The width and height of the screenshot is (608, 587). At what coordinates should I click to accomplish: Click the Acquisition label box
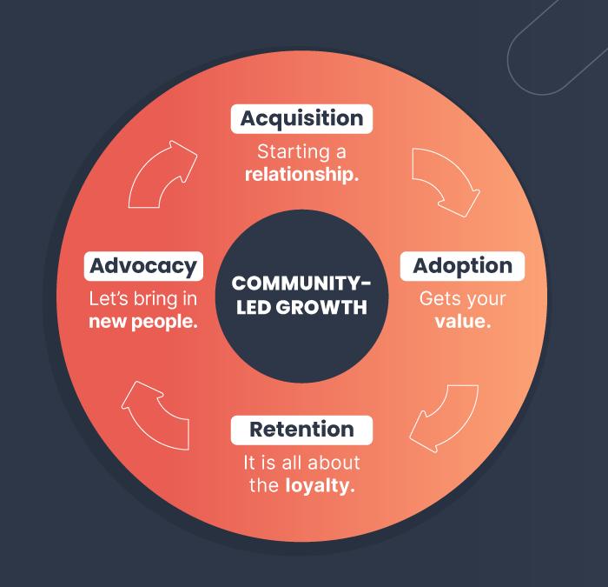pos(301,117)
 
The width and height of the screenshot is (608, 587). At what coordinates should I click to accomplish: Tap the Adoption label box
pos(462,265)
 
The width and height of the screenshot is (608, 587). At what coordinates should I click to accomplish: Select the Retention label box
pos(301,429)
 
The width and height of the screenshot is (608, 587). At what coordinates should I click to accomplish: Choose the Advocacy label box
pos(143,265)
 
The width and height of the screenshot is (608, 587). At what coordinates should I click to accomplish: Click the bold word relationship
pos(301,173)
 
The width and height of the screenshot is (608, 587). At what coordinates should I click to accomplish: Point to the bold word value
pos(463,321)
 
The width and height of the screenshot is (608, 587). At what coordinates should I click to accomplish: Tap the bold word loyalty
pos(320,485)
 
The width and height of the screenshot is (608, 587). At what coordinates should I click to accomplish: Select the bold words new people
pos(143,321)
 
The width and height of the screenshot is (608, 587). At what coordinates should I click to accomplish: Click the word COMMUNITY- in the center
pos(301,284)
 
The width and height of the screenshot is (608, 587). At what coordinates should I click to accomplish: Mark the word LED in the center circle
pos(252,307)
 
